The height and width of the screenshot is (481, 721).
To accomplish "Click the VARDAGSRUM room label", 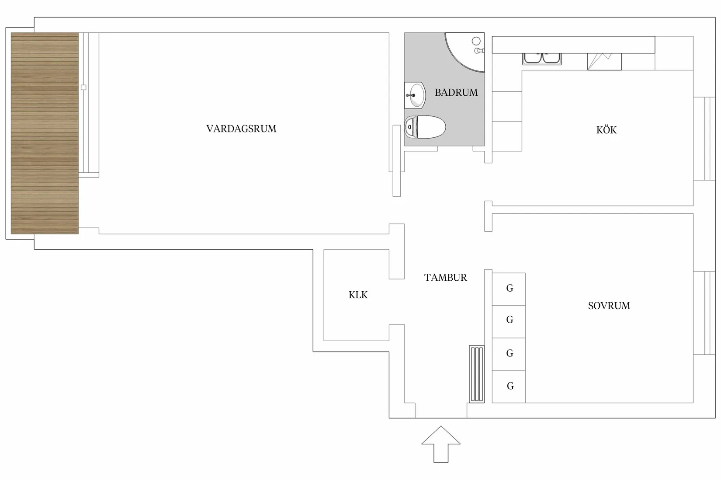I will [241, 129].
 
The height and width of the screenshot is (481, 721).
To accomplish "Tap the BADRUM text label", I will [456, 92].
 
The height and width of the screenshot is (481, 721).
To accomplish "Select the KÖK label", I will [606, 130].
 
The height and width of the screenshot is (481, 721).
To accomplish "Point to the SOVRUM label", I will [609, 306].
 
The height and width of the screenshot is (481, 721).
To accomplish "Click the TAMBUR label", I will [445, 277].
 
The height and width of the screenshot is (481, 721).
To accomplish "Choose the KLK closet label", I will [358, 295].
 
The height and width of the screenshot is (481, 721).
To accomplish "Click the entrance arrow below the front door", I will [441, 444].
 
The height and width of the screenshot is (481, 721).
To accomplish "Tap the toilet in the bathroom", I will [425, 127].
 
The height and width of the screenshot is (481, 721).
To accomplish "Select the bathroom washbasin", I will [415, 95].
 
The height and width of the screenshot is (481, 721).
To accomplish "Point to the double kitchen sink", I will [542, 59].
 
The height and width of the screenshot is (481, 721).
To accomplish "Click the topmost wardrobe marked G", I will [509, 289].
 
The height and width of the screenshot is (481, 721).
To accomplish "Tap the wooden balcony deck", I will [45, 133].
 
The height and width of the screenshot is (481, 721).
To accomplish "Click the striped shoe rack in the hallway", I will [477, 374].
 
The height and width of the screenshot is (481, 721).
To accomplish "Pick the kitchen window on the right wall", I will [704, 138].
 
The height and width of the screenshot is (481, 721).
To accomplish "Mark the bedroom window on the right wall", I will [704, 313].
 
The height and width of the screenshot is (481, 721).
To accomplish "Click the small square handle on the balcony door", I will [83, 87].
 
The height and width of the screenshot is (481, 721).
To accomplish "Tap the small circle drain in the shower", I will [476, 41].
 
